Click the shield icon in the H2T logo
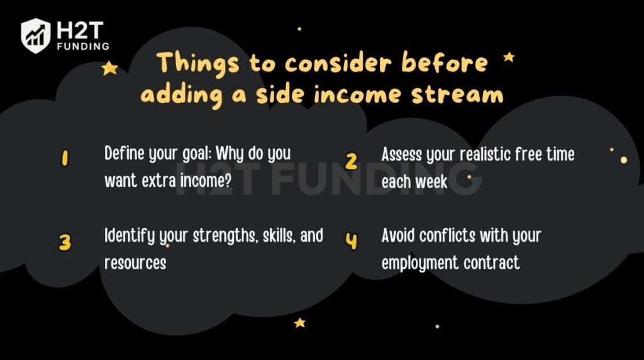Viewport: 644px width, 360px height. click(36, 35)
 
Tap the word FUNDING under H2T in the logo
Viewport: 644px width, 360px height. click(82, 46)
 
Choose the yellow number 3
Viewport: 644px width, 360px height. click(65, 242)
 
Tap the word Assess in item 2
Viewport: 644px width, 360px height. click(401, 154)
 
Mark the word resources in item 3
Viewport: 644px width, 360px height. click(135, 262)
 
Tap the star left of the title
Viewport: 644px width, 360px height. click(109, 68)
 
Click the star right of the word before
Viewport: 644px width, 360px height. click(509, 57)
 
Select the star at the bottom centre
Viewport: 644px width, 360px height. click(299, 323)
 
